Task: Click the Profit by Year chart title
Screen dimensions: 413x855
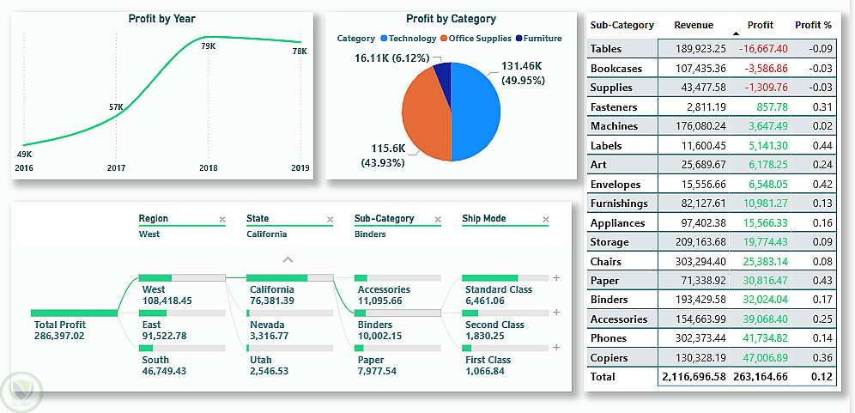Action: click(161, 19)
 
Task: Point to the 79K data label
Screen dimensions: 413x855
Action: click(208, 46)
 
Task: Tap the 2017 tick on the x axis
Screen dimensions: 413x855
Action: click(116, 168)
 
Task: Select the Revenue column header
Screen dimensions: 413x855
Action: click(694, 26)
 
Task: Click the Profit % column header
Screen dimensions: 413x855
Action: click(813, 26)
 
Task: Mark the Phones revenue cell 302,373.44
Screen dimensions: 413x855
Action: click(694, 338)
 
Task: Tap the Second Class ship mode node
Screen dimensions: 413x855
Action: click(494, 330)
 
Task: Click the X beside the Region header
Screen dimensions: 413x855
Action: click(222, 220)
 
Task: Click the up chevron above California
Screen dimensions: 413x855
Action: click(288, 259)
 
